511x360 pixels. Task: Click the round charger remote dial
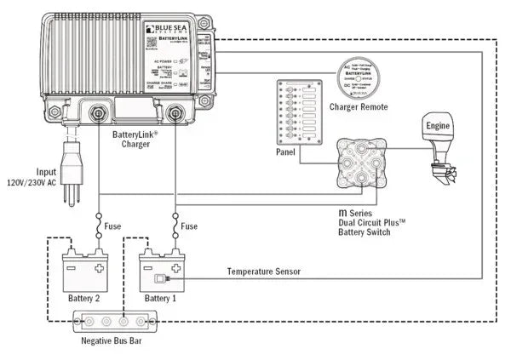tap(359, 77)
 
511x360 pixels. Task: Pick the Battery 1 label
tap(161, 298)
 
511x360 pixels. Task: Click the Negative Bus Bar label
tap(111, 341)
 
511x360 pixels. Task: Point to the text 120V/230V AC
tap(32, 182)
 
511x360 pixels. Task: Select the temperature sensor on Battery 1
tap(158, 279)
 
